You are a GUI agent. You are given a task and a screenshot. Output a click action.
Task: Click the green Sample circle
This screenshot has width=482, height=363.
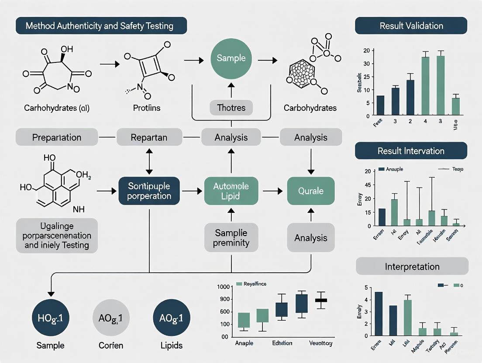[231, 58]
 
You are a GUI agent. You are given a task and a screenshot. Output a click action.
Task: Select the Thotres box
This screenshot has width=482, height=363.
[231, 107]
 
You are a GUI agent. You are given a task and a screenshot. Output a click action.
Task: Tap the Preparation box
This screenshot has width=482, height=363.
[57, 137]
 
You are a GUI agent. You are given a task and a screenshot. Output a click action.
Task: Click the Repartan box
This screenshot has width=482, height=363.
[149, 137]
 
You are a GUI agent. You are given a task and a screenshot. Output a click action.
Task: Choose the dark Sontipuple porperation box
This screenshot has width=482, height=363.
[149, 191]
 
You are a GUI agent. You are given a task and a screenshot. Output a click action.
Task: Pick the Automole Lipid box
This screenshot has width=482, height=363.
[231, 191]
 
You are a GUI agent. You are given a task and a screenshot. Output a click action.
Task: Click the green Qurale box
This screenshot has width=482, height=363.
[310, 191]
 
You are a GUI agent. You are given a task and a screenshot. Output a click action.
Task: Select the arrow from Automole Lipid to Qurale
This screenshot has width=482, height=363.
[273, 191]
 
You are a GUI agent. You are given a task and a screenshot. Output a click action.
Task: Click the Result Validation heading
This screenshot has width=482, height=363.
[411, 26]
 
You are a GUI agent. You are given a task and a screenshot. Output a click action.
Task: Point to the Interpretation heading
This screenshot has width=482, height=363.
[412, 266]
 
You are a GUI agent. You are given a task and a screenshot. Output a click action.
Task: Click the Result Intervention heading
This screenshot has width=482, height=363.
[411, 151]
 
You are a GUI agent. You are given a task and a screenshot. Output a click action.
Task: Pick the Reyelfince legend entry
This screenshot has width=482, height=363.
[251, 284]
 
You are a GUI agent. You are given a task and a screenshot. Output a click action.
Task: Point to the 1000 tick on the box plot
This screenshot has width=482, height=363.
[223, 287]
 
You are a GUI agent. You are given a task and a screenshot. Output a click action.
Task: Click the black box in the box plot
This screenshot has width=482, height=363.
[321, 300]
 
